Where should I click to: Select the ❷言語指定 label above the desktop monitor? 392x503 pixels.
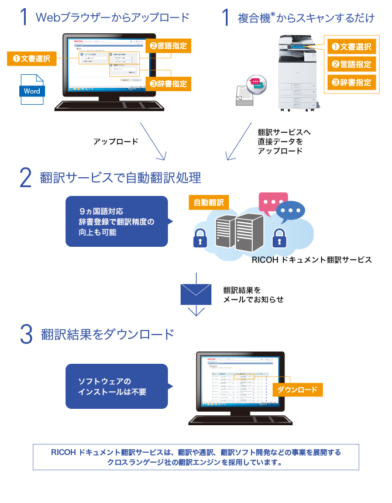[x=169, y=44]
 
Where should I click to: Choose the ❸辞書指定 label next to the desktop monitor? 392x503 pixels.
[x=169, y=84]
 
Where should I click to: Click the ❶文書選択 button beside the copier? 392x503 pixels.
[x=352, y=46]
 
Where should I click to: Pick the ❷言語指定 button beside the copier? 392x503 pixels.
[x=352, y=64]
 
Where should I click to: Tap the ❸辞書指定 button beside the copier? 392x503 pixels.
[x=352, y=82]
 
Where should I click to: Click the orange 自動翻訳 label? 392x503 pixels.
[x=209, y=202]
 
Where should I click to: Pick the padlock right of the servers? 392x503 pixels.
[x=278, y=237]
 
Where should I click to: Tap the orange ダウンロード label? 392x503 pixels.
[x=297, y=390]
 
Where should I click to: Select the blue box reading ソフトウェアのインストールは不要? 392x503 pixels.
[x=116, y=386]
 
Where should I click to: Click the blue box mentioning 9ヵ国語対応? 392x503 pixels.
[x=116, y=221]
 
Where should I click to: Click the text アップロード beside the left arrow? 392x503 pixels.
[x=116, y=142]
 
